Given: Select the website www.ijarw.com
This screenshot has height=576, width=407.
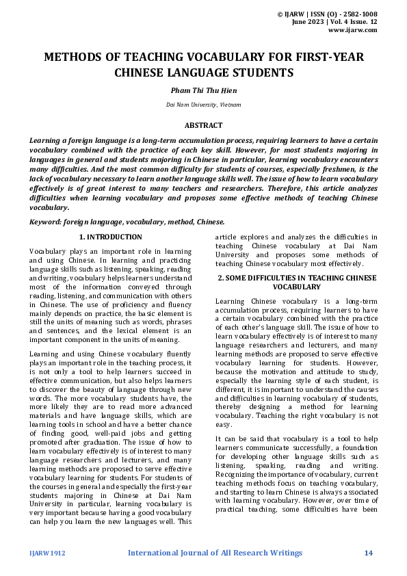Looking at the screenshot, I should click(x=353, y=30).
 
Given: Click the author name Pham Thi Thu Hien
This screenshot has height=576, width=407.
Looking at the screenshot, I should click(x=203, y=89).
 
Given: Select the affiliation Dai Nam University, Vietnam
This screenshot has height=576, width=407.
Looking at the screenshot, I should click(x=203, y=105).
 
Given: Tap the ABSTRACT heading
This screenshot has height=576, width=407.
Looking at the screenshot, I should click(x=203, y=125).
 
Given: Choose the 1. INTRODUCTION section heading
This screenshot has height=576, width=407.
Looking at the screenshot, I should click(x=111, y=237).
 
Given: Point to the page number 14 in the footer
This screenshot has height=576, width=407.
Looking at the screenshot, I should click(x=368, y=552).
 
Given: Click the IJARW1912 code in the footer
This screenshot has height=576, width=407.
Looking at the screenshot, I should click(x=47, y=553).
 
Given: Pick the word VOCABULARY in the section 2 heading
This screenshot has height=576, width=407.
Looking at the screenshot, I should click(x=296, y=287).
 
